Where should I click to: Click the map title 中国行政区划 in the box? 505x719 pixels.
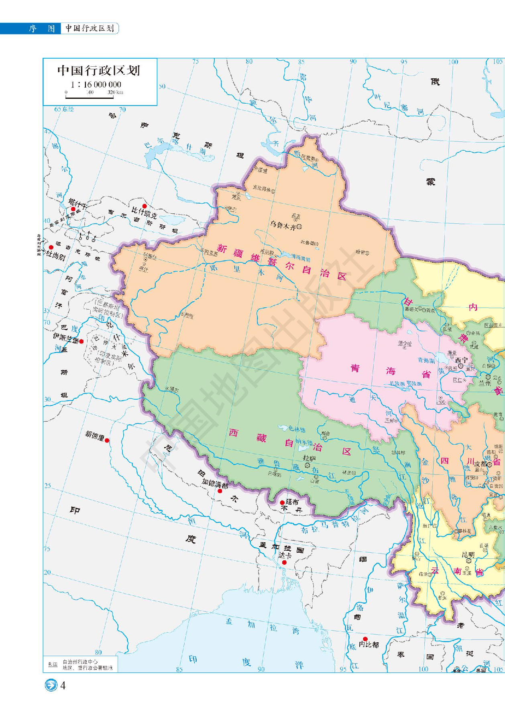99,71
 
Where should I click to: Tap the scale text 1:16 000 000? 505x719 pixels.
96,84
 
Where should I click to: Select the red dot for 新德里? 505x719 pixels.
107,440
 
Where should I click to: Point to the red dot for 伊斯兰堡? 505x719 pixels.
81,341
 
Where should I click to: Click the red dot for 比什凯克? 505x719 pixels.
145,206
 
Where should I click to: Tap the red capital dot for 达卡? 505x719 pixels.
284,562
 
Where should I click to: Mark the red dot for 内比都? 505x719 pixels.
365,639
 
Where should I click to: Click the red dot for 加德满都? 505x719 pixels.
220,491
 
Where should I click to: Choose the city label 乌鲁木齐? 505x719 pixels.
283,226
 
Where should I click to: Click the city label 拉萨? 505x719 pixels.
309,458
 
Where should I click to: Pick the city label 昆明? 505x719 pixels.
468,554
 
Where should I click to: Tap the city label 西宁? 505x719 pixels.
461,360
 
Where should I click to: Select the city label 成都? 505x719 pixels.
480,464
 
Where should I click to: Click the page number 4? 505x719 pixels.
63,685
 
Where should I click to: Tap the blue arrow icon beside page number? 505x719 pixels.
51,685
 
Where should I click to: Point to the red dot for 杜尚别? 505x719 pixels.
51,247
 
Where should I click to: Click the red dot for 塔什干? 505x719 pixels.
73,209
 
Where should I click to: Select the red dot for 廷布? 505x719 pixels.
282,502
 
